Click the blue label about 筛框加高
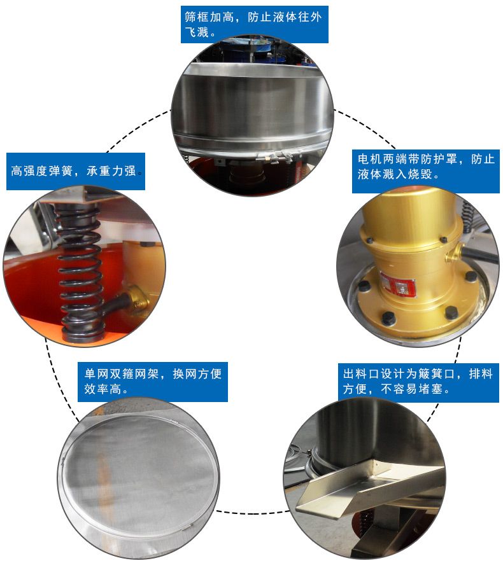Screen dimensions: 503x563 point(255,24)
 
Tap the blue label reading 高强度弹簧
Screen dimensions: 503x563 point(76,171)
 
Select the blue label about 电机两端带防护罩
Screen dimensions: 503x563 point(426,171)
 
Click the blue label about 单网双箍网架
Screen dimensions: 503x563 point(153,382)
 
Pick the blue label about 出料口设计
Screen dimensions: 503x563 point(418,382)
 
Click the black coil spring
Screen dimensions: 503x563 point(80,273)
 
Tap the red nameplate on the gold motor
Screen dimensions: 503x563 point(398,284)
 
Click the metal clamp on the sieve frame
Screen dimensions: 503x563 point(276,156)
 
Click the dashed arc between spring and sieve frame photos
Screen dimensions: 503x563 point(138,129)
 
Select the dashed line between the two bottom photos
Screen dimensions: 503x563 point(253,512)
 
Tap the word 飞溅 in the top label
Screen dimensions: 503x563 point(197,32)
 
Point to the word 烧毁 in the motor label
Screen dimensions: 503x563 point(420,174)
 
